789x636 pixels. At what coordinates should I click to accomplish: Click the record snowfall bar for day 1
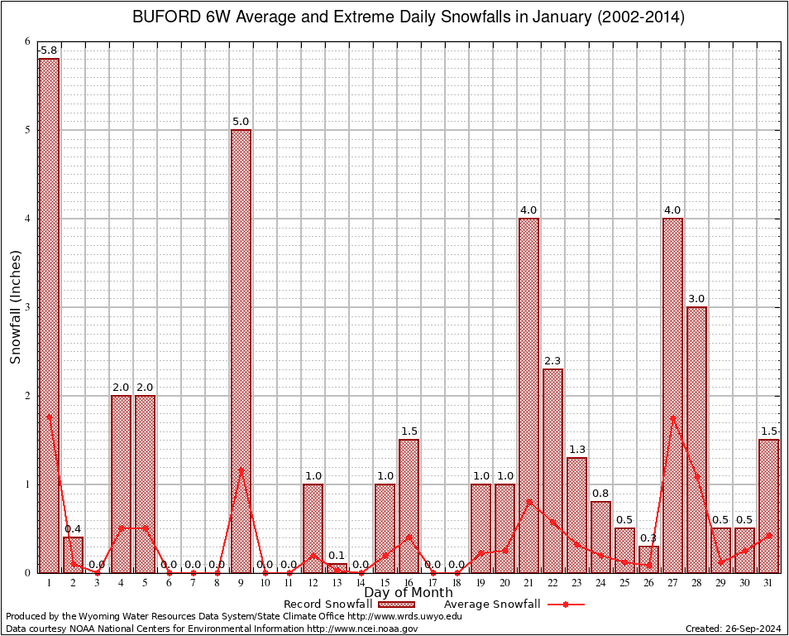tap(49, 315)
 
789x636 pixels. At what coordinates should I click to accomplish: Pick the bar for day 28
tap(696, 439)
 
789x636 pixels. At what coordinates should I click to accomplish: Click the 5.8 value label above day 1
tap(49, 51)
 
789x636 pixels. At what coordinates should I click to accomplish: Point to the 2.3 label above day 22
tap(552, 361)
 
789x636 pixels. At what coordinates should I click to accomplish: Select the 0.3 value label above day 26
tap(648, 538)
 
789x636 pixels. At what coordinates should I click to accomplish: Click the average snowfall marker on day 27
tap(672, 417)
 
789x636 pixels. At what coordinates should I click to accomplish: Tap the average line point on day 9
tap(241, 470)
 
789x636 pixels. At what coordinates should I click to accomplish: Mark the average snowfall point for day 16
tap(409, 537)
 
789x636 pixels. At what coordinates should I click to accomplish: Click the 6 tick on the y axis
tap(27, 41)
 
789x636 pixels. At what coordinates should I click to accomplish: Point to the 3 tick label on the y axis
tap(27, 307)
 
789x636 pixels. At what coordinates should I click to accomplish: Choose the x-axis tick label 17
tap(433, 583)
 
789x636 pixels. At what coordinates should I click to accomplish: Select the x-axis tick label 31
tap(768, 583)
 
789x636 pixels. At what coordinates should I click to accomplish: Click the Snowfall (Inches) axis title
tap(16, 306)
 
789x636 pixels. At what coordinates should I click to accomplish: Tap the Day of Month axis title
tap(409, 593)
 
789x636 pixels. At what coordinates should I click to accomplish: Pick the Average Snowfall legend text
tap(492, 605)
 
